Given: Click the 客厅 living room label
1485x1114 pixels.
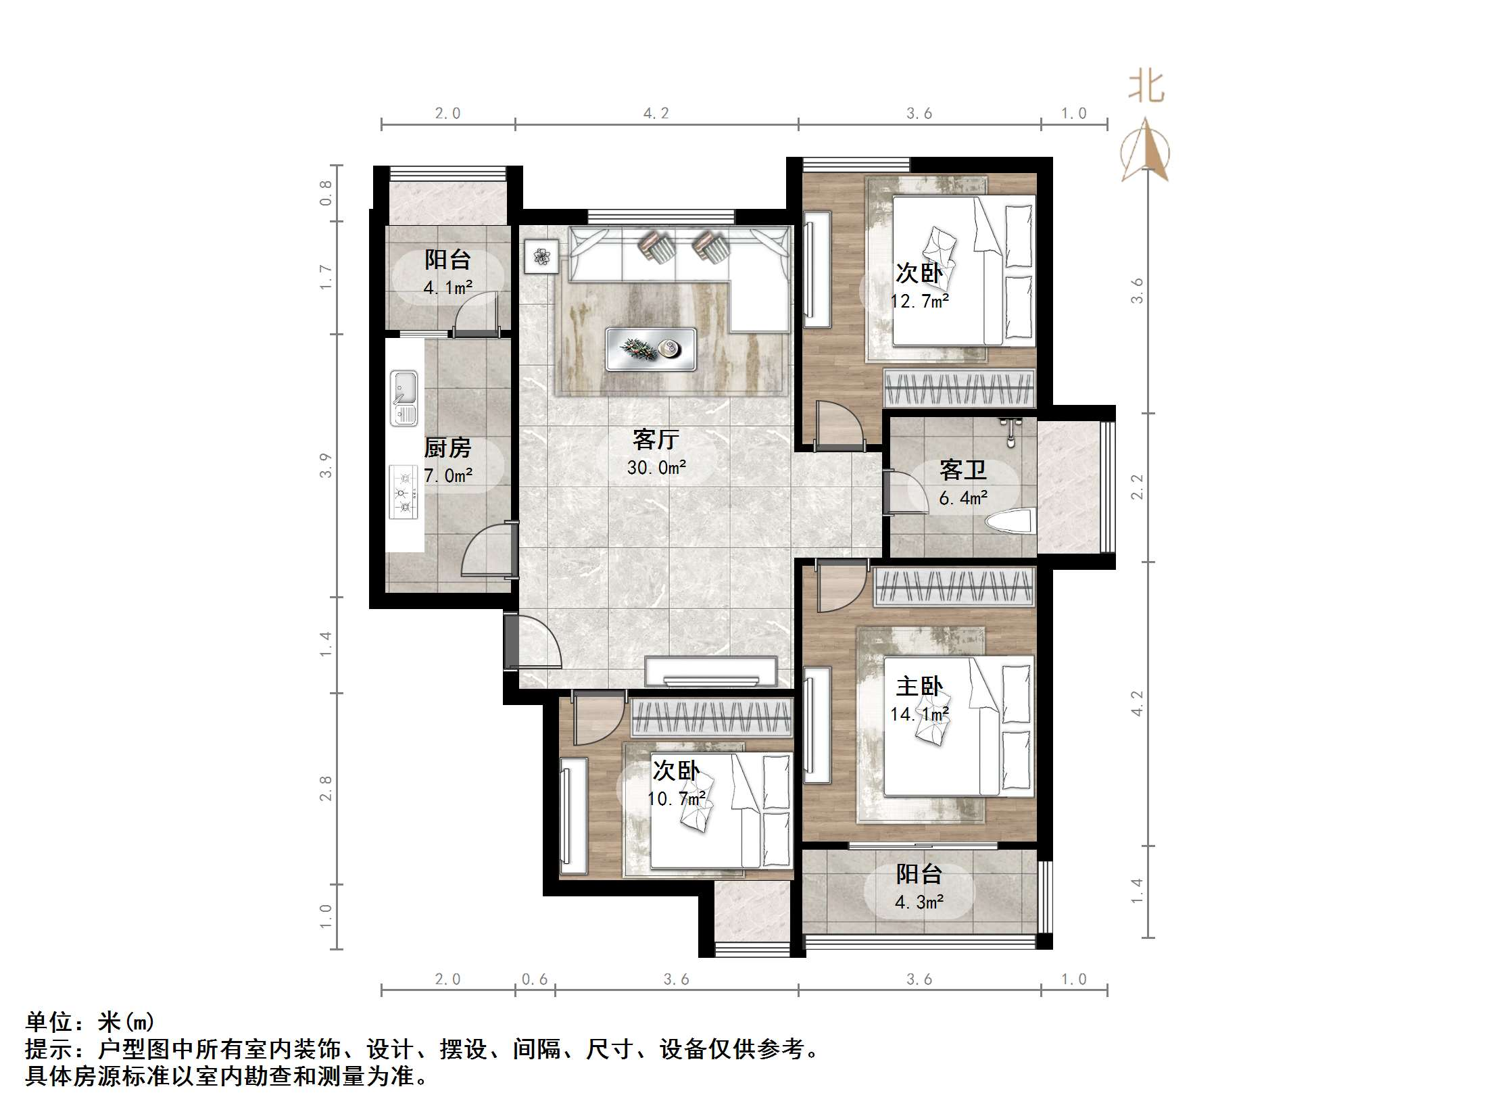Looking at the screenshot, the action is click(656, 439).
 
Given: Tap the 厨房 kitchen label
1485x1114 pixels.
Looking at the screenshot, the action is click(447, 447).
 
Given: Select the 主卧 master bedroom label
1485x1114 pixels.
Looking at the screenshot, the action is click(919, 687).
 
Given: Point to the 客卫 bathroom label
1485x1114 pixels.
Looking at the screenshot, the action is click(963, 470).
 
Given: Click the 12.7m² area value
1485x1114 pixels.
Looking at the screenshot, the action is click(919, 301).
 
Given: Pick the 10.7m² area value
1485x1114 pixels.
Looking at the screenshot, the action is click(676, 799).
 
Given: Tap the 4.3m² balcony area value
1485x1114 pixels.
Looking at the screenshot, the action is click(919, 902).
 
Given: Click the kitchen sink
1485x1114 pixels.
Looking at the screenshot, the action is click(404, 398).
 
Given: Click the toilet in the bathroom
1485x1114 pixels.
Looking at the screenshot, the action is click(1010, 522).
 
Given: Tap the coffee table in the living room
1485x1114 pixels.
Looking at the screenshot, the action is click(651, 349).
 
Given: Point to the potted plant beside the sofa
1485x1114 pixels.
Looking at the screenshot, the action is click(541, 256).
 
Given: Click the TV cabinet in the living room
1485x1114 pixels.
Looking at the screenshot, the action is click(710, 672).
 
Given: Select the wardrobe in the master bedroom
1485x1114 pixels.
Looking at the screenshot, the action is click(954, 587).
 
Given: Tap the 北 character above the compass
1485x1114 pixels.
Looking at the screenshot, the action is click(1146, 87).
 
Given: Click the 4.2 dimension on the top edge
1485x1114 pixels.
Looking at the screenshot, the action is click(656, 114).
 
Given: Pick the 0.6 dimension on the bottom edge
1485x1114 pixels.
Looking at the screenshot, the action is click(535, 979).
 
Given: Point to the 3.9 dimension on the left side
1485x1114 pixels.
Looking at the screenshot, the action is click(326, 466).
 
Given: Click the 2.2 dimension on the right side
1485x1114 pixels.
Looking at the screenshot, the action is click(1138, 487).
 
